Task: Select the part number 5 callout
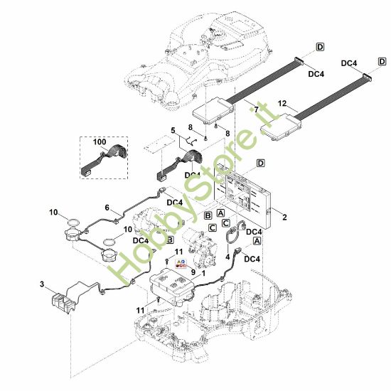172,130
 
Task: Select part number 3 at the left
42,285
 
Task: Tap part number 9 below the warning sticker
192,271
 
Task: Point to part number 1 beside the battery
203,271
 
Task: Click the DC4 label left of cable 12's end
348,63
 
